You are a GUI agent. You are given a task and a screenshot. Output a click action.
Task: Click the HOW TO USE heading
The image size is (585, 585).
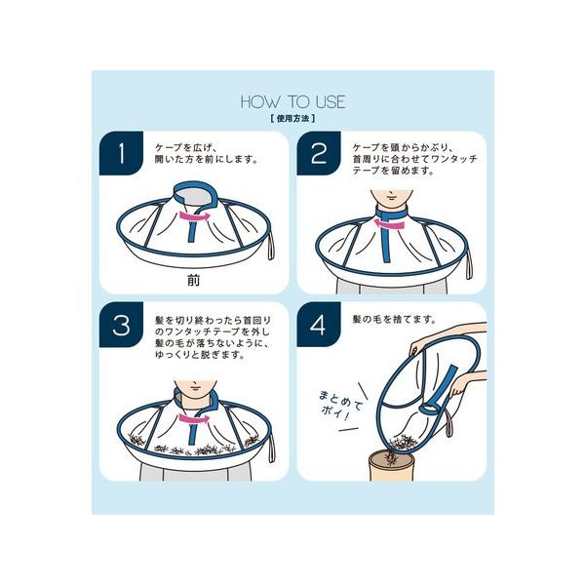[292, 101]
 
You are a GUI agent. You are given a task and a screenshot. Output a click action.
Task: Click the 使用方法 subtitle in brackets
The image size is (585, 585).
[292, 119]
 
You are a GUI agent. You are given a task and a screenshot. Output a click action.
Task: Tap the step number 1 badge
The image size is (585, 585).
[121, 153]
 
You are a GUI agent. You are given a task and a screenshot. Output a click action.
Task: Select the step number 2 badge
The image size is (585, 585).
[318, 153]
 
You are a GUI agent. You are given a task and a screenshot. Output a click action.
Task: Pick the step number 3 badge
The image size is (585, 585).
[121, 325]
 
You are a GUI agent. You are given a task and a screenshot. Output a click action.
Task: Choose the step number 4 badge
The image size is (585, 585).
[318, 325]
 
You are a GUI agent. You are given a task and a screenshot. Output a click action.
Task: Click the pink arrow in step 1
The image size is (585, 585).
[195, 216]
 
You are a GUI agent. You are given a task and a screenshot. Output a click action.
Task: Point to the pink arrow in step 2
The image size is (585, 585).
[389, 224]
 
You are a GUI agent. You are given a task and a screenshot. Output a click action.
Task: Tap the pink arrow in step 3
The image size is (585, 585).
[194, 419]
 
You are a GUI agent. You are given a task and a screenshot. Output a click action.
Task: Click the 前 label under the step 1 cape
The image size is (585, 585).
[193, 280]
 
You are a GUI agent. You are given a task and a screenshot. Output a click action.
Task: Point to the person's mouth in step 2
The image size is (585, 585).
[391, 196]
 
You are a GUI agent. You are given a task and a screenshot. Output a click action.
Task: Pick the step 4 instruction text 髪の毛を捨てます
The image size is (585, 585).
[394, 320]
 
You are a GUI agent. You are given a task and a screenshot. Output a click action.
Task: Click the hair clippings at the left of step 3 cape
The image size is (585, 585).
[137, 439]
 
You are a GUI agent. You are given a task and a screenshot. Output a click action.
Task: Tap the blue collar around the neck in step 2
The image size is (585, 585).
[391, 212]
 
